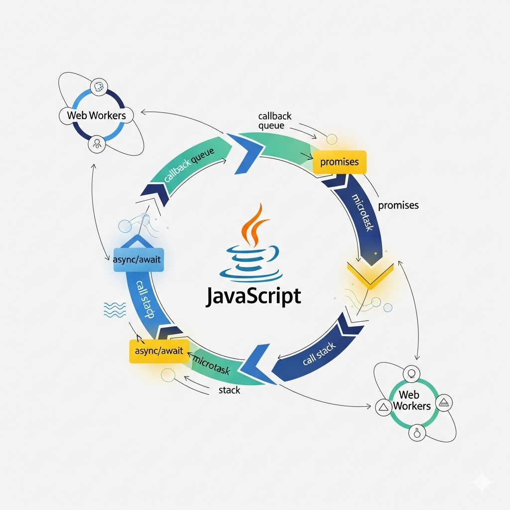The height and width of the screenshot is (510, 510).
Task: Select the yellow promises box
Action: [x=340, y=162]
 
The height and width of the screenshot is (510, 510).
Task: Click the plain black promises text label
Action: [x=398, y=205]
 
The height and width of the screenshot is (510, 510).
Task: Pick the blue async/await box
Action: [x=138, y=259]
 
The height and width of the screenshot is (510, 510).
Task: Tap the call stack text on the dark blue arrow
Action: [x=319, y=354]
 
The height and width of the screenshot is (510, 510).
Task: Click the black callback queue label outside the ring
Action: [x=274, y=121]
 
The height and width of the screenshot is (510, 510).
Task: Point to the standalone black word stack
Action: [x=229, y=390]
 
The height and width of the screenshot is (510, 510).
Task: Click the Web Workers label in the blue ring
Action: [x=97, y=115]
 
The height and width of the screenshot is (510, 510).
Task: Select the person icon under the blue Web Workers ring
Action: [x=97, y=145]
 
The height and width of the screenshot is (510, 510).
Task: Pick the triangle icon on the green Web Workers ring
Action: [x=383, y=407]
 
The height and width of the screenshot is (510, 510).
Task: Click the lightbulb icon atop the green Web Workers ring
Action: [x=411, y=373]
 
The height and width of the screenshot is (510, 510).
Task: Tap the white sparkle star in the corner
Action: [x=482, y=482]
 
